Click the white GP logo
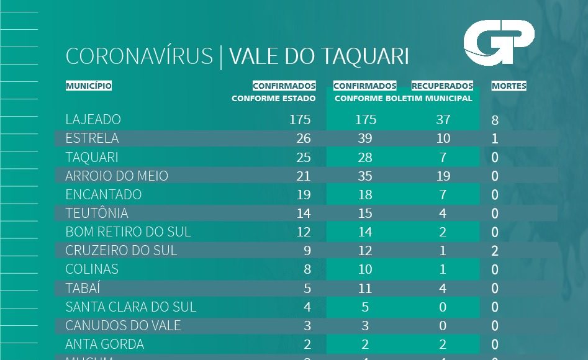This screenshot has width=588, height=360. [499, 42]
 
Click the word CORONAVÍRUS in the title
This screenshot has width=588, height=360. [139, 56]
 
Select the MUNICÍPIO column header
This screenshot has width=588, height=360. [89, 86]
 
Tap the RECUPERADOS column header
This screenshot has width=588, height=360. [442, 86]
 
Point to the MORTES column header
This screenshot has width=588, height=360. [509, 86]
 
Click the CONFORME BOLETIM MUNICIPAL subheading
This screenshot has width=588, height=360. [403, 98]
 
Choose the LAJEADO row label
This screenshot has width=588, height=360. [93, 119]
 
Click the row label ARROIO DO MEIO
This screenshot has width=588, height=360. [117, 176]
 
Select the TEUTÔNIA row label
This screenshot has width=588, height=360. [97, 213]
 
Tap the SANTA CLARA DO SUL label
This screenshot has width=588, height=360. [130, 307]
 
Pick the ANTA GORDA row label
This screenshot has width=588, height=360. [104, 344]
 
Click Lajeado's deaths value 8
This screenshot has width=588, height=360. [495, 120]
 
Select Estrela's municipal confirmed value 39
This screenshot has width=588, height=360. [365, 138]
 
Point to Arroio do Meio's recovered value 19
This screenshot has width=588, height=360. [443, 176]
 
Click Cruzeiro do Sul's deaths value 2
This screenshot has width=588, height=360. [495, 251]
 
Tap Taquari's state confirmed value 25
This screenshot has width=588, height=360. [303, 157]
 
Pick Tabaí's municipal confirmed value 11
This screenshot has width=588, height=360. [365, 288]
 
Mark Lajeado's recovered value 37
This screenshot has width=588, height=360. [443, 119]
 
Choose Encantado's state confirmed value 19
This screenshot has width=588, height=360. [303, 194]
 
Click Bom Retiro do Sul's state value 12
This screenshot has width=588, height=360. [303, 232]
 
